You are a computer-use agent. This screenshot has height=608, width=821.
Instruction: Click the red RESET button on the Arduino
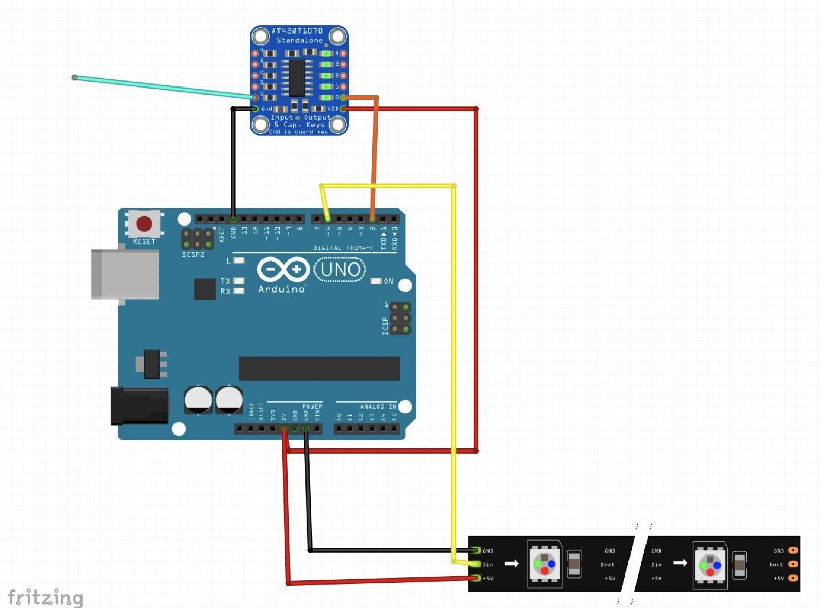point(144,224)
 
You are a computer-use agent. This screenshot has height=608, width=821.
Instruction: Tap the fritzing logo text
point(45,598)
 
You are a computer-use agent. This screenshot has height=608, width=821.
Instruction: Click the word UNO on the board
point(340,269)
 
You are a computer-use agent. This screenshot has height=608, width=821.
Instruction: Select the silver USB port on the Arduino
point(125,274)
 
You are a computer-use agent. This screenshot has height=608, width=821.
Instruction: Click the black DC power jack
point(139,406)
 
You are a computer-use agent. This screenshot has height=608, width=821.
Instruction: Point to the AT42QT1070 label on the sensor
point(297,31)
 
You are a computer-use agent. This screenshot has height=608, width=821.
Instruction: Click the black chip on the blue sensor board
point(297,78)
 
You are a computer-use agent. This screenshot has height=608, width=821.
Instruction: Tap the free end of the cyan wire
point(75,77)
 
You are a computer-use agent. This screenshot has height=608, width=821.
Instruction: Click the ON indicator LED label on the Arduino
point(388,281)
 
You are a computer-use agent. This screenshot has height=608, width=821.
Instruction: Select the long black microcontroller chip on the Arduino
point(319,369)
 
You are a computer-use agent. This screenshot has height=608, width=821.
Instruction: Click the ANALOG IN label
point(378,407)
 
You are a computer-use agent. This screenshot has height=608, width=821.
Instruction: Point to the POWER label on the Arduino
point(312,407)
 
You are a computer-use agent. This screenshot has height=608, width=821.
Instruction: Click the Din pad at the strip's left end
point(476,564)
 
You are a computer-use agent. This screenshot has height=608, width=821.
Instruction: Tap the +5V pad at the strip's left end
point(476,578)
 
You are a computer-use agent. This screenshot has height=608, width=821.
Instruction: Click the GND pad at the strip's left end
point(476,551)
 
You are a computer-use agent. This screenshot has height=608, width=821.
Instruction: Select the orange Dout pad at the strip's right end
point(793,564)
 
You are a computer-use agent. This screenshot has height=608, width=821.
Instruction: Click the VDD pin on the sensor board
point(343,109)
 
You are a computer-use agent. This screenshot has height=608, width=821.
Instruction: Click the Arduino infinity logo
point(283,269)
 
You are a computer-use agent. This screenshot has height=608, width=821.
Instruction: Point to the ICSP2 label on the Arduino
point(193,255)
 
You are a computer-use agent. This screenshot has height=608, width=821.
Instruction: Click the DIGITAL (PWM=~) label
point(343,248)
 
